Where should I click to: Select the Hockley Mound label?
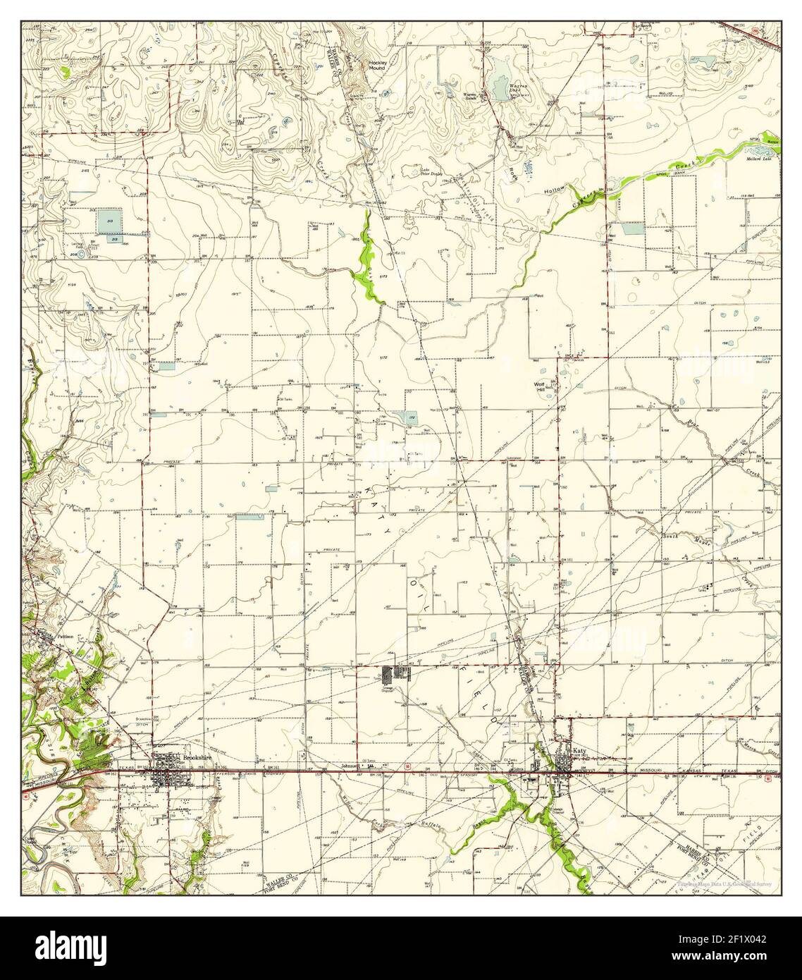tap(377, 65)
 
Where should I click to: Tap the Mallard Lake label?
tap(758, 158)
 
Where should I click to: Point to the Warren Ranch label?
tap(470, 95)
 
